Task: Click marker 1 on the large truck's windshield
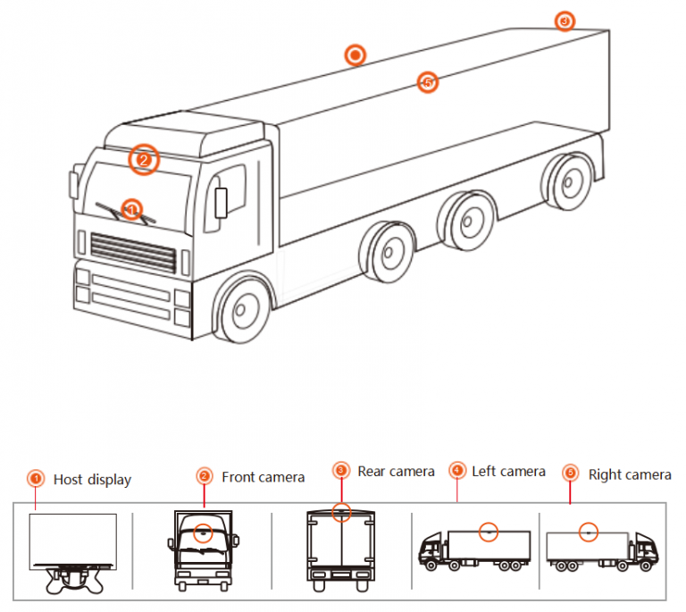coord(131,209)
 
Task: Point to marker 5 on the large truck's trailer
coord(427,82)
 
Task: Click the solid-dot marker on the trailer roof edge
coord(356,55)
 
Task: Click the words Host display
coord(92,480)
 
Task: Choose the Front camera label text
coord(263,477)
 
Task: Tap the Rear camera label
coord(396,471)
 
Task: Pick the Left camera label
coord(508,471)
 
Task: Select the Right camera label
coord(629,474)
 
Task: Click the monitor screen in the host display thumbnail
coord(73,539)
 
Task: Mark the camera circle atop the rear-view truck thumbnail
coord(340,512)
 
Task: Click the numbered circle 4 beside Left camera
coord(457,470)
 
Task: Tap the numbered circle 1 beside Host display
coord(35,478)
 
